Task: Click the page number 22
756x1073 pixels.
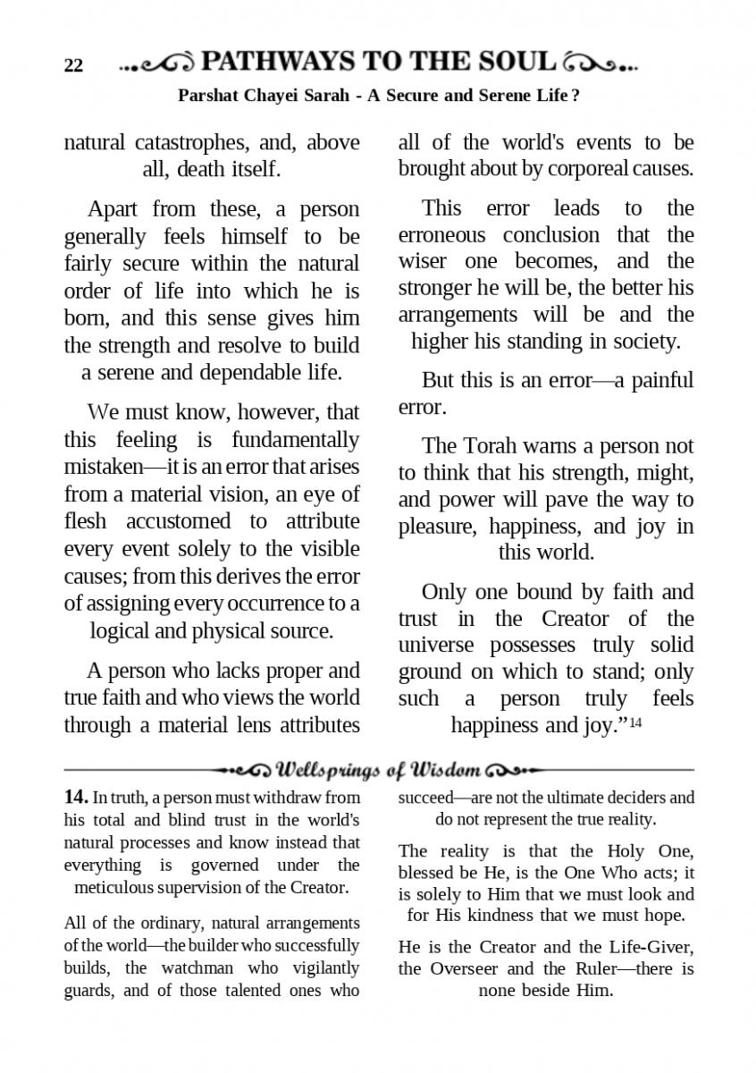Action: tap(73, 66)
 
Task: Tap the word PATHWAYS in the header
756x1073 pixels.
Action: tap(279, 62)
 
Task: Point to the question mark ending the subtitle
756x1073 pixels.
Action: tap(575, 95)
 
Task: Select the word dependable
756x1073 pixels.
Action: tap(239, 372)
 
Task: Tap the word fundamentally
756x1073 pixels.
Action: tap(295, 440)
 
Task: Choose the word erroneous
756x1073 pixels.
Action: tap(441, 235)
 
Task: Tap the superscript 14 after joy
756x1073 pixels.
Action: tap(635, 723)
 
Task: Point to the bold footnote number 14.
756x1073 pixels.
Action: tap(76, 797)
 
